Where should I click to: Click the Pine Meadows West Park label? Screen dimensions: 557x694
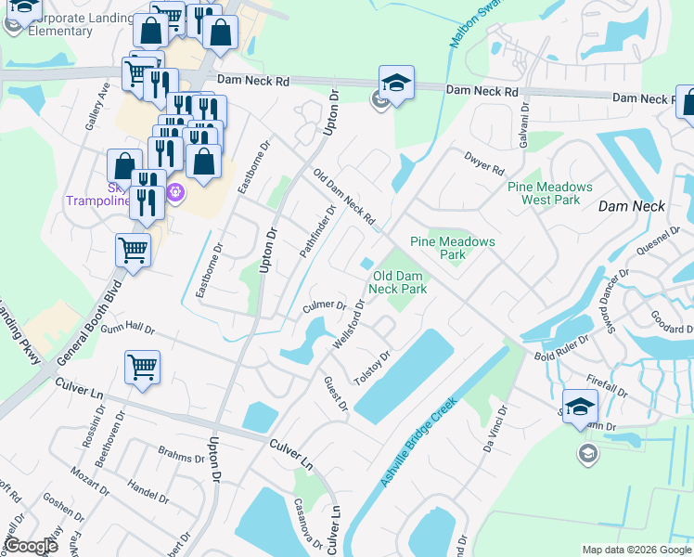(x=544, y=193)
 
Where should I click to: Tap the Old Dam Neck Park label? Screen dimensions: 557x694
(x=399, y=282)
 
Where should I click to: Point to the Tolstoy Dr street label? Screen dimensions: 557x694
(x=373, y=368)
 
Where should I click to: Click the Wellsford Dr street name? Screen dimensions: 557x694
(x=349, y=324)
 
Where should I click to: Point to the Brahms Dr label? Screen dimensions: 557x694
(x=181, y=458)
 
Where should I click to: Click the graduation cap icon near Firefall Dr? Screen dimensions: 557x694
(x=580, y=406)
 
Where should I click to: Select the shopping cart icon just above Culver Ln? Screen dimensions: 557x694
(x=142, y=367)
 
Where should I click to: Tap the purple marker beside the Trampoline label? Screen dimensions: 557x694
(x=177, y=193)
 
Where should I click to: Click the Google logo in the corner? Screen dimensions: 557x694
(x=31, y=545)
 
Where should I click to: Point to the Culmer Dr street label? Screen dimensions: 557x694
(x=324, y=306)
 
